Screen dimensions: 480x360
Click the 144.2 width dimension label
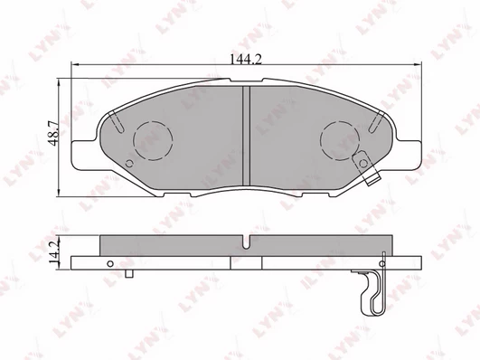[246, 59]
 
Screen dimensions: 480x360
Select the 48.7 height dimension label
[53, 133]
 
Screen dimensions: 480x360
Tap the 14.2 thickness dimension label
[53, 252]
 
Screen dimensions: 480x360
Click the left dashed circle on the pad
[153, 140]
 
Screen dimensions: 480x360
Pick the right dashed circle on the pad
[340, 140]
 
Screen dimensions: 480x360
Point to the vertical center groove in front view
[247, 136]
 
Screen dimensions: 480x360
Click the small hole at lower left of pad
[129, 164]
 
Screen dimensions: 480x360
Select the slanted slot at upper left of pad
[117, 121]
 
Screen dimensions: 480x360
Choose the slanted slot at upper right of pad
[377, 121]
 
